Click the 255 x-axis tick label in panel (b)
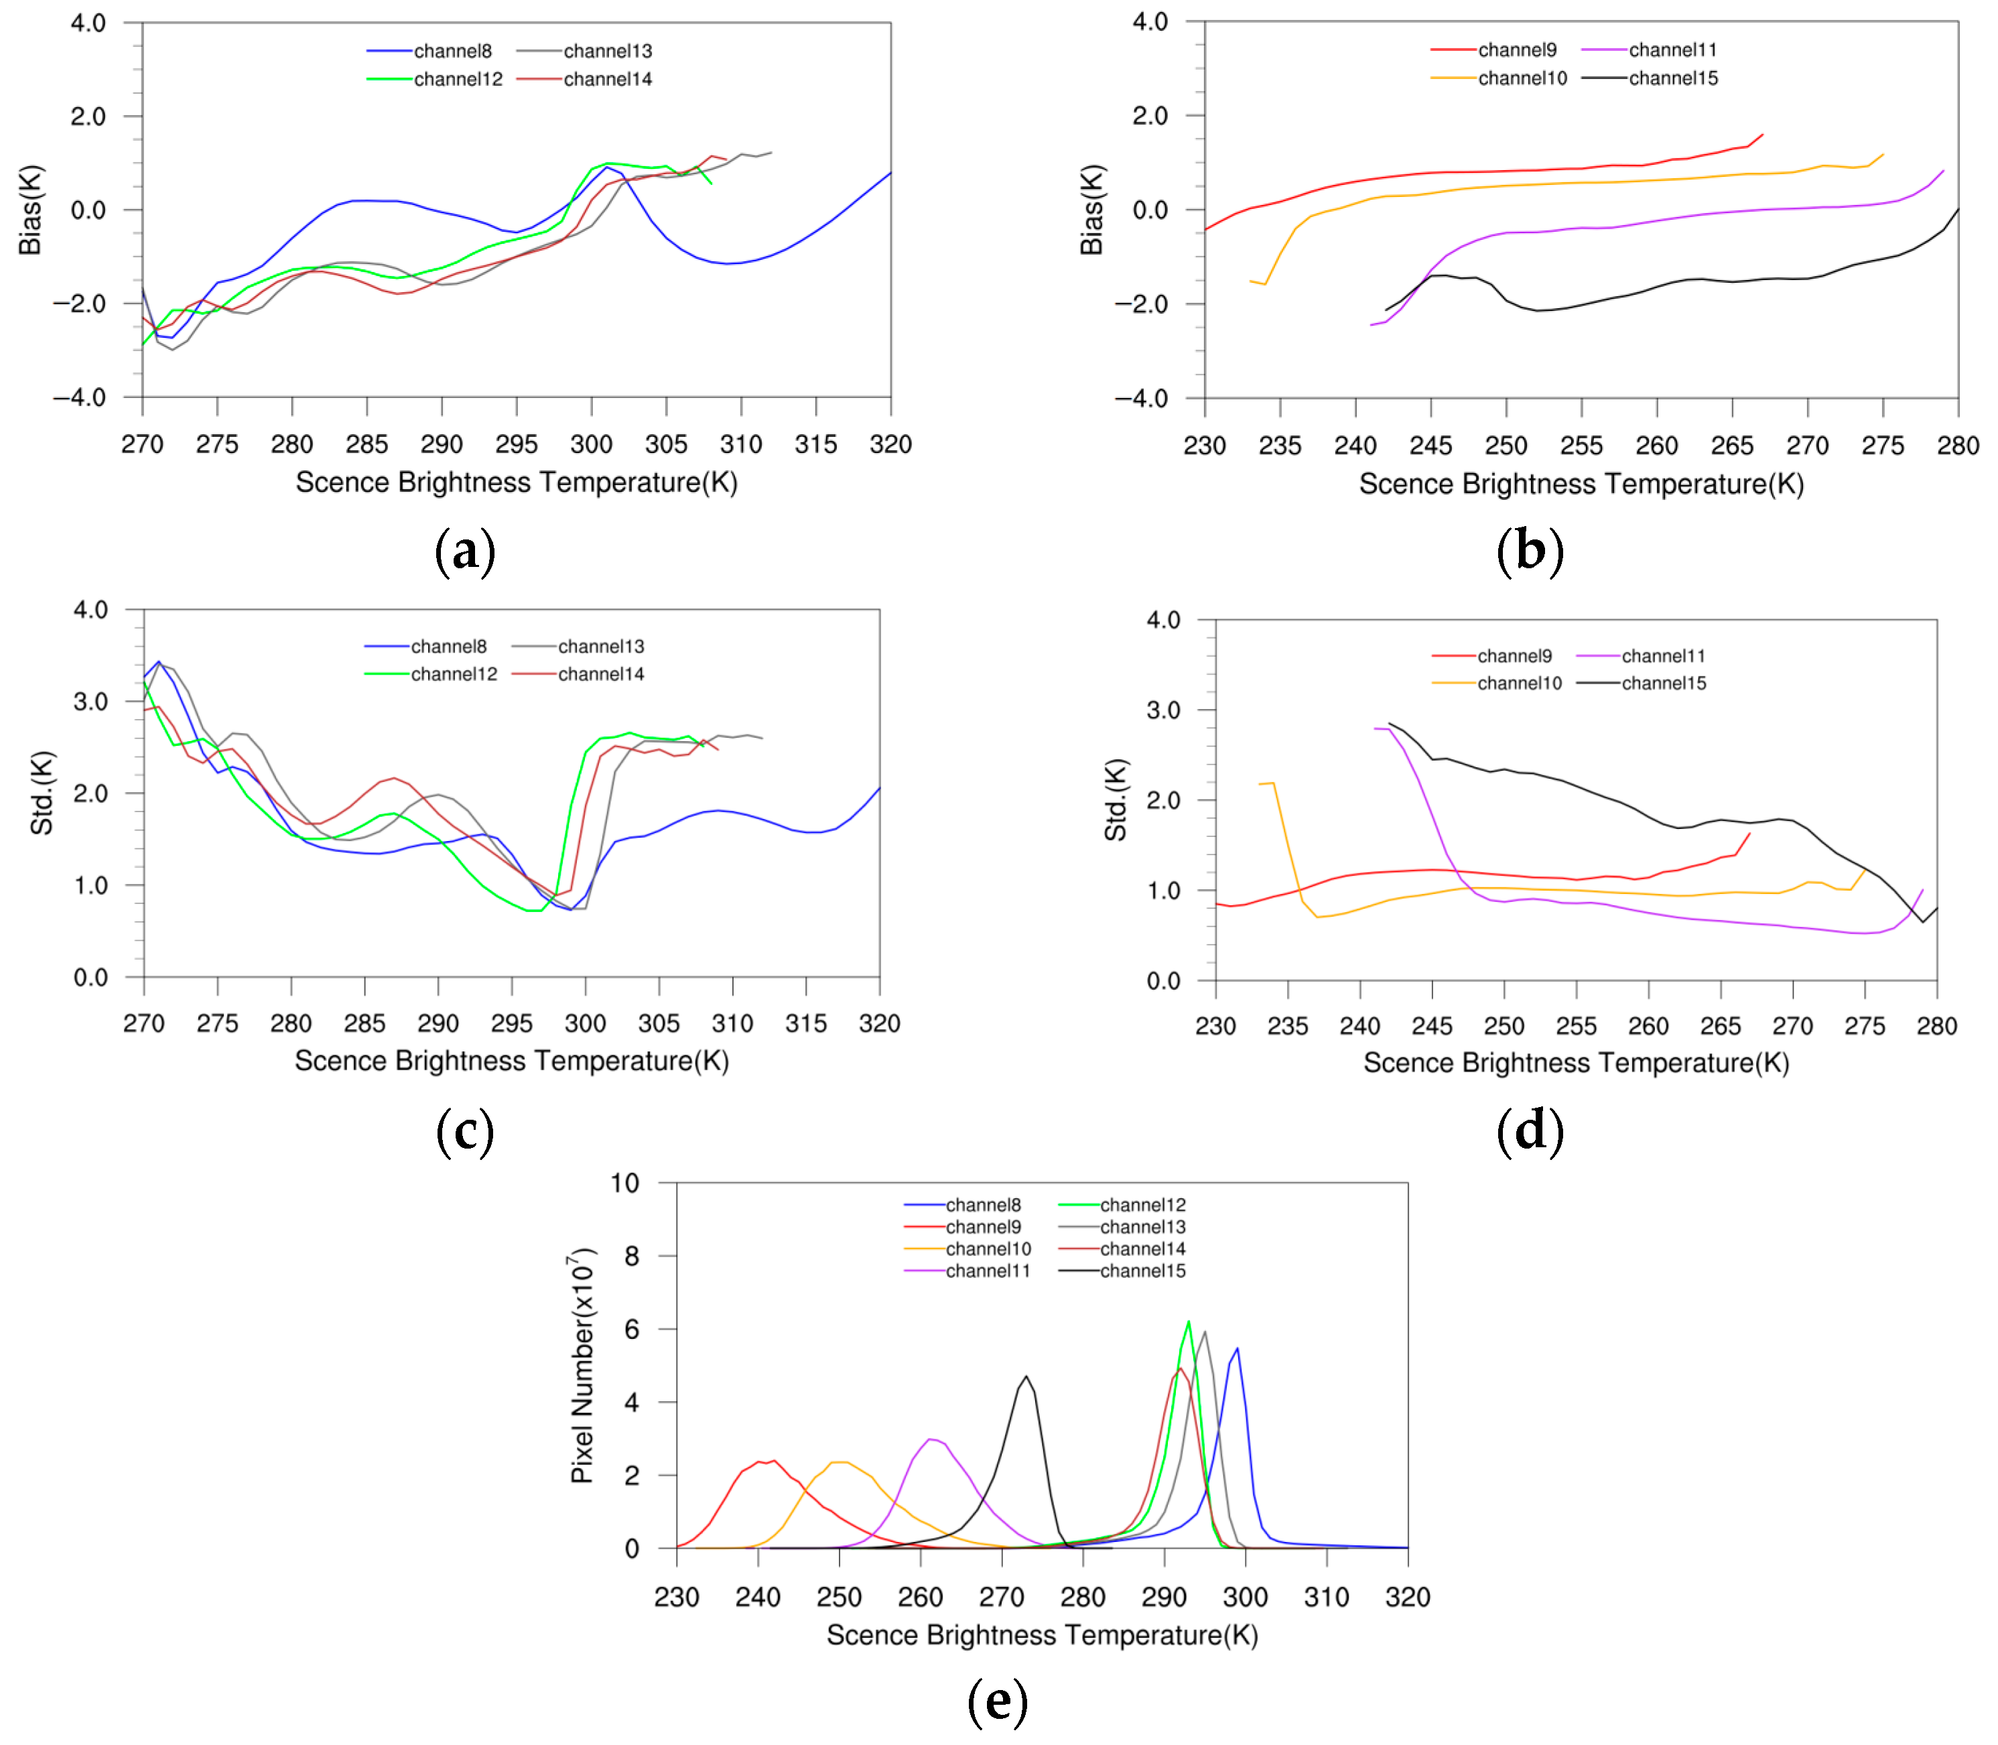pyautogui.click(x=1581, y=446)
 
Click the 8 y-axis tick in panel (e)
pyautogui.click(x=632, y=1256)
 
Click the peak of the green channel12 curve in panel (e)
pyautogui.click(x=1189, y=1322)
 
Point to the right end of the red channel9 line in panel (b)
pyautogui.click(x=1762, y=135)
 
